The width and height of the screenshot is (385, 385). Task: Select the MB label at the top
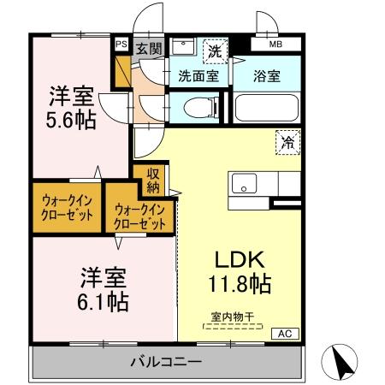pos(275,44)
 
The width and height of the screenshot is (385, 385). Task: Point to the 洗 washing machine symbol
pos(216,50)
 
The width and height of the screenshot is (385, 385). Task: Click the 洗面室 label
pos(198,76)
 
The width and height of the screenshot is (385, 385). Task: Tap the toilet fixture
pos(192,108)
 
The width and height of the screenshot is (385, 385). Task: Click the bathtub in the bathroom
pos(266,108)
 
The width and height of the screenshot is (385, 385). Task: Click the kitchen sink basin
pos(243,184)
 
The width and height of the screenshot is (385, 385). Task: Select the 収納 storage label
pos(153,181)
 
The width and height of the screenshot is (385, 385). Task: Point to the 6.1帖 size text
pos(105,302)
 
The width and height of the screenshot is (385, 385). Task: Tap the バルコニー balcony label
pos(166,361)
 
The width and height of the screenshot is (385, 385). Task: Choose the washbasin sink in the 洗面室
pos(182,46)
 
